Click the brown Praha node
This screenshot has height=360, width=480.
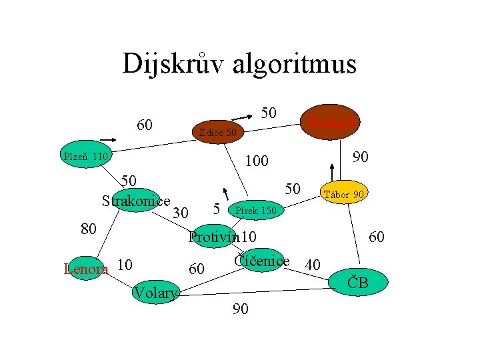tap(331, 123)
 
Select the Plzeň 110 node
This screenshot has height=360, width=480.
tap(85, 157)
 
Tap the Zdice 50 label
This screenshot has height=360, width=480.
tap(217, 133)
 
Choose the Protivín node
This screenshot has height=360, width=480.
tap(222, 237)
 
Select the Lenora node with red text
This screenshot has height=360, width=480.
tap(85, 269)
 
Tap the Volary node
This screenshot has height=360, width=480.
tap(155, 293)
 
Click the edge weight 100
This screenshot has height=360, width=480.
tap(256, 161)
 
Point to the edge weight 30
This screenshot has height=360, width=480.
tap(180, 213)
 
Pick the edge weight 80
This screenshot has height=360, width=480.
tap(89, 229)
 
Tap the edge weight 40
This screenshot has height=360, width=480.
tap(313, 265)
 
